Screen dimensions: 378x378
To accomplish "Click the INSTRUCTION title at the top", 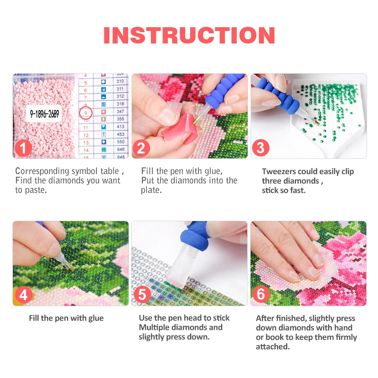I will click(x=189, y=35).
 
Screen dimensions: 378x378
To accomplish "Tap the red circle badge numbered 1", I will click(x=24, y=148).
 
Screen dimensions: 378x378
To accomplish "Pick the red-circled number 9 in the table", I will click(x=86, y=112).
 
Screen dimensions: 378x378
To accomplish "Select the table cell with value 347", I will click(x=120, y=112).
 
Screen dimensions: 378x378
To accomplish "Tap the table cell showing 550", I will click(x=120, y=142).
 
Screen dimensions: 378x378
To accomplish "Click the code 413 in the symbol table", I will click(x=120, y=127).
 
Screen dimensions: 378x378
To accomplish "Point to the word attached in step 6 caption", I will click(x=271, y=347).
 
